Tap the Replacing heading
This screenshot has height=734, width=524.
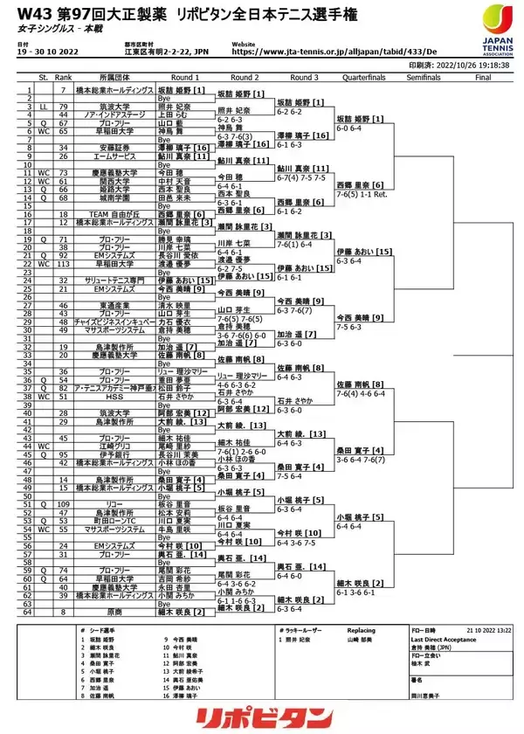pyautogui.click(x=361, y=629)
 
